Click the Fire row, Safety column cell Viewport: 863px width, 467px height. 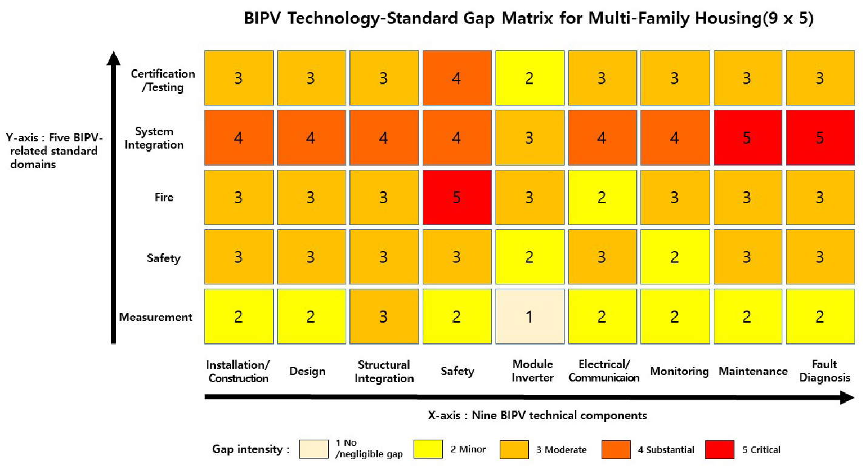click(x=457, y=197)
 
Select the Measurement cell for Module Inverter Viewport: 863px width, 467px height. click(x=529, y=317)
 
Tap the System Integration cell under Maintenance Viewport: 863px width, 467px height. click(x=748, y=138)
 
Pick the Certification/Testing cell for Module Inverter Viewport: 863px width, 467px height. click(x=529, y=78)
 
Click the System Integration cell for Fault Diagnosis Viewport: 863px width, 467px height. click(x=820, y=138)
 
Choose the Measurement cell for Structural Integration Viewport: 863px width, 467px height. click(x=384, y=317)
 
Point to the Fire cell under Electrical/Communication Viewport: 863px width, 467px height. click(x=603, y=197)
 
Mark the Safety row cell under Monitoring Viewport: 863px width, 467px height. click(x=675, y=257)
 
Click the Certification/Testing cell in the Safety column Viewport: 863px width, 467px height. click(x=457, y=78)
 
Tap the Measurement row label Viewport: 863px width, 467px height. click(x=156, y=317)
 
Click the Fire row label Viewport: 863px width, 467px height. click(x=164, y=197)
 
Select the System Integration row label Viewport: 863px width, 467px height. click(x=153, y=138)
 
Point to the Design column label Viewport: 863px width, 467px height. click(x=307, y=371)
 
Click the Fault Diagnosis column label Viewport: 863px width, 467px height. click(x=824, y=371)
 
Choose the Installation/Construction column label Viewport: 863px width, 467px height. click(x=238, y=371)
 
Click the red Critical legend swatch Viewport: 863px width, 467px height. click(x=720, y=449)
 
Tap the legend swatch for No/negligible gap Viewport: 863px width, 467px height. click(x=314, y=449)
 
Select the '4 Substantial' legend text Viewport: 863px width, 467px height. click(x=666, y=449)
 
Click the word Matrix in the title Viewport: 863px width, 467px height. click(x=527, y=18)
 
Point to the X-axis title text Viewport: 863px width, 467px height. click(x=537, y=415)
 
